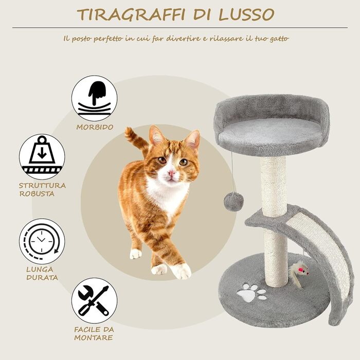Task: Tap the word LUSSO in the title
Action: point(246,15)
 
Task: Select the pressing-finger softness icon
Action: point(94,98)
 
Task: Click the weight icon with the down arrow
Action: point(42,157)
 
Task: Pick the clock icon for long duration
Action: point(42,241)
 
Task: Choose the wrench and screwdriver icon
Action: point(94,301)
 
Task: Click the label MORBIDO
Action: point(95,127)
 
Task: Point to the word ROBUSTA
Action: point(37,194)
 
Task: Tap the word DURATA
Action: point(42,278)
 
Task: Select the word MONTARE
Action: point(94,338)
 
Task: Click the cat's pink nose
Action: point(171,173)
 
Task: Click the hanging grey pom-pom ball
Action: point(233,202)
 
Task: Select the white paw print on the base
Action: point(251,292)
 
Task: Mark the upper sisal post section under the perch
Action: point(273,186)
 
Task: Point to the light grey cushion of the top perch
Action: point(271,133)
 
